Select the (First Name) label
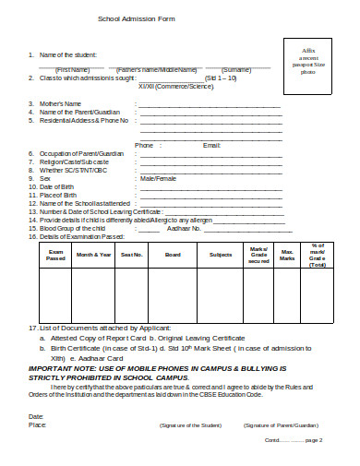point(73,69)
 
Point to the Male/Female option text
point(158,178)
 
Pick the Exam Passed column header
point(55,254)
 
